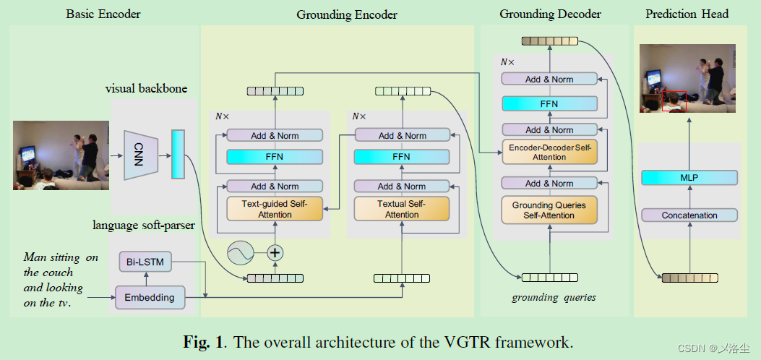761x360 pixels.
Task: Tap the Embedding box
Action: [x=149, y=297]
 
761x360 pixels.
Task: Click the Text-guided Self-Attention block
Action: [x=267, y=208]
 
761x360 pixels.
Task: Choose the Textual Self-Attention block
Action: [x=402, y=208]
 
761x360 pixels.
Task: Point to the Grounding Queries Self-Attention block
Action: [x=549, y=210]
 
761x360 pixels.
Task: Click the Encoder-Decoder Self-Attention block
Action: [x=549, y=152]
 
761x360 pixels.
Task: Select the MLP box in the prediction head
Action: [x=689, y=178]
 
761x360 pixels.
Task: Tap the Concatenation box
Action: [x=689, y=215]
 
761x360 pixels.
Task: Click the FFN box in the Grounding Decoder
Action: [x=549, y=103]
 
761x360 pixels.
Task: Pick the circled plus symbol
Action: [x=275, y=253]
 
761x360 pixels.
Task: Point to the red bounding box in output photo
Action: [x=674, y=101]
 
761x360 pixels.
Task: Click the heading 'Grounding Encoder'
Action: [x=346, y=14]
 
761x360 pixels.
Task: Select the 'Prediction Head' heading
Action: [x=687, y=14]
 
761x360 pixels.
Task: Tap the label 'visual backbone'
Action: [x=146, y=89]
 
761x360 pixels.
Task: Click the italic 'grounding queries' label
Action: [x=554, y=297]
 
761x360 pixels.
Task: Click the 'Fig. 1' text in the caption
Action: [x=202, y=342]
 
